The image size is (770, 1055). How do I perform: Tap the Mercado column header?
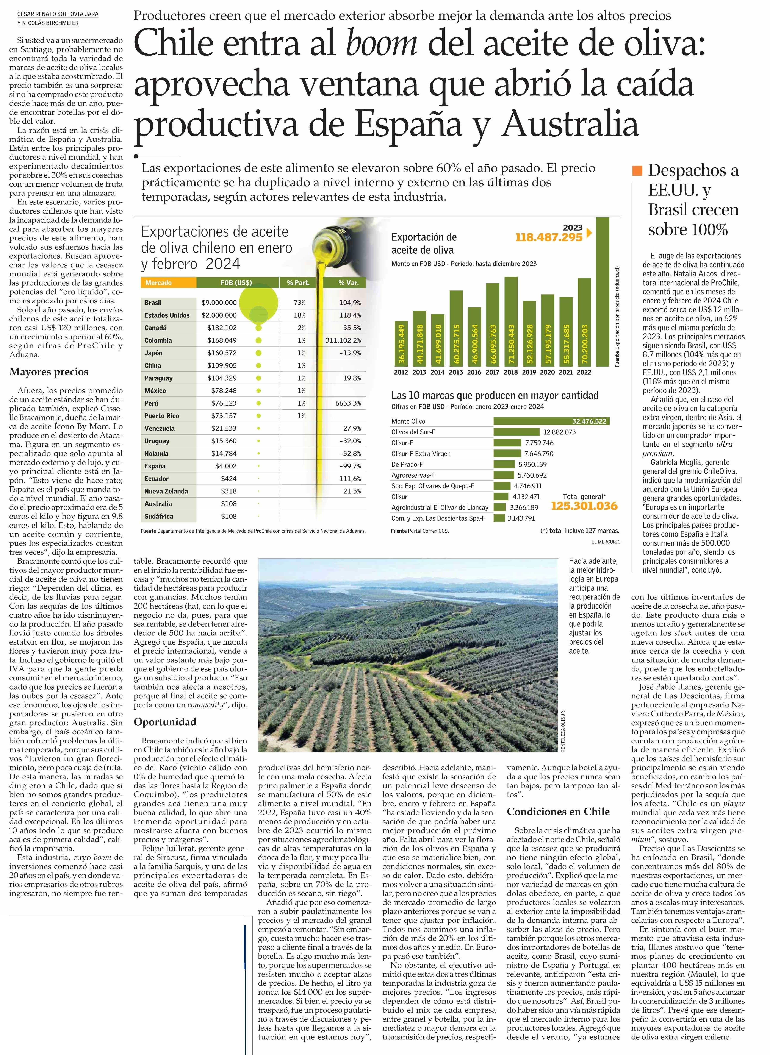(158, 283)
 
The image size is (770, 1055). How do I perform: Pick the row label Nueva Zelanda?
(166, 491)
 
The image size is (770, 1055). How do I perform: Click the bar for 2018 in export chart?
(511, 321)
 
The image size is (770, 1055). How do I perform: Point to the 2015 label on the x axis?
(456, 372)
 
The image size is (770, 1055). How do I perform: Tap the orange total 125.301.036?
(584, 506)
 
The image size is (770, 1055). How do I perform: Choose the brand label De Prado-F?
(407, 464)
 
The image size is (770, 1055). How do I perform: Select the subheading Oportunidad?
(165, 722)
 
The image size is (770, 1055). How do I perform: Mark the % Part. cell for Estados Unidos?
(300, 315)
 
